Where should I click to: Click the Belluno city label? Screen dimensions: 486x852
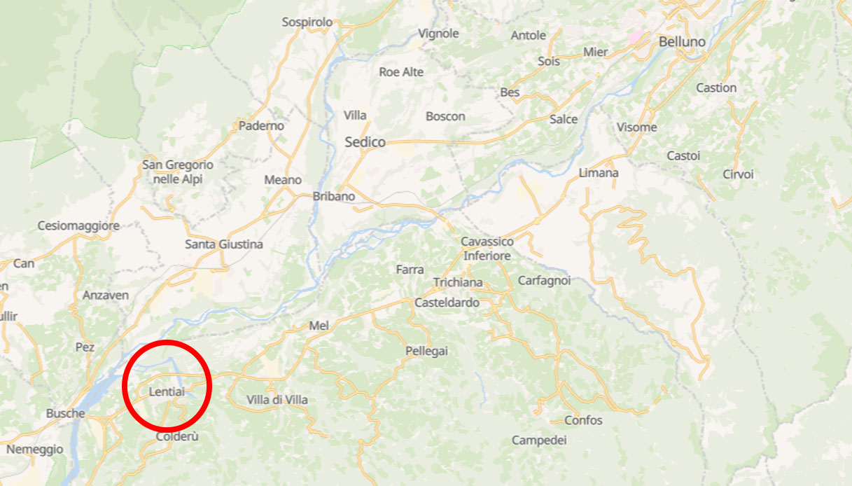tap(682, 42)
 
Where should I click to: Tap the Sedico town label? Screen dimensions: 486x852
tap(365, 142)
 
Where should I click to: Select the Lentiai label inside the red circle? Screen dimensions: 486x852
tap(167, 392)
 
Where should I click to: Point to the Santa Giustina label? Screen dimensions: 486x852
tap(224, 244)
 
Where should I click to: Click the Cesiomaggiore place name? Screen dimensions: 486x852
tap(78, 226)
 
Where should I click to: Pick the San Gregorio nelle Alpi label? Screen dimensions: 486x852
tap(178, 172)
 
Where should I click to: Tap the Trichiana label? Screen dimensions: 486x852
tap(458, 282)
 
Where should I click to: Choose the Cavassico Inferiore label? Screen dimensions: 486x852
tap(487, 249)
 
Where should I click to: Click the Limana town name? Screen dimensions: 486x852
tap(599, 173)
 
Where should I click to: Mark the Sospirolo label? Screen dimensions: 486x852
tap(307, 22)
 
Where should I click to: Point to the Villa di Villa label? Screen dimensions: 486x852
tap(277, 400)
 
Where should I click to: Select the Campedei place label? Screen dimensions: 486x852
tap(539, 440)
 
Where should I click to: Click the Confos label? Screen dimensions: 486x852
tap(583, 420)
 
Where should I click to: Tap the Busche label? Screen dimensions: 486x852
tap(65, 413)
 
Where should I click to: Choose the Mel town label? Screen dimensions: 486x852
tap(319, 326)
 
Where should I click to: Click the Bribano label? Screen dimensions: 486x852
tap(334, 197)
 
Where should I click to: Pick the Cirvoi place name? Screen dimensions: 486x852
tap(738, 174)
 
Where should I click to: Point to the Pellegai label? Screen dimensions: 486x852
tap(426, 351)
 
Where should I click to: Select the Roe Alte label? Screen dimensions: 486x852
tap(401, 72)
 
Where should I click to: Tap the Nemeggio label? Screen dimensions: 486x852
tap(34, 450)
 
